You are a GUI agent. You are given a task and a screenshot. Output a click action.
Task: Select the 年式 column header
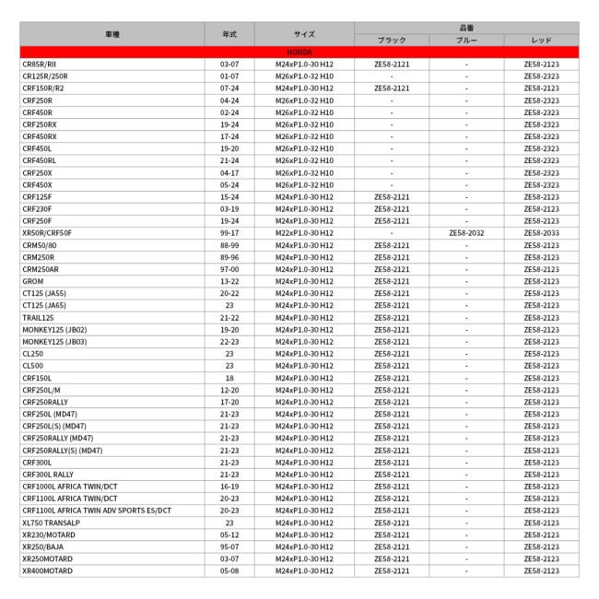tap(229, 34)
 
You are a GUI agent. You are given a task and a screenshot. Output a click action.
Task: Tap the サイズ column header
tap(304, 34)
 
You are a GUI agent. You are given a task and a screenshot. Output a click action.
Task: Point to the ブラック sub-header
tap(392, 41)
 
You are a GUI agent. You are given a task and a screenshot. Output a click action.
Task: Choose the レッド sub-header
tap(542, 41)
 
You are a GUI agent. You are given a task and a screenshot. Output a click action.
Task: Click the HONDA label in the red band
tap(299, 53)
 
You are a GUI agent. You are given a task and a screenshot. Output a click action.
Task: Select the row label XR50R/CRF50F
tap(47, 233)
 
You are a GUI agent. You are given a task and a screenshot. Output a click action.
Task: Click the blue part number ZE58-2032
tap(466, 233)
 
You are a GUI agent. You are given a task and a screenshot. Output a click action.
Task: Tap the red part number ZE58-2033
tap(542, 233)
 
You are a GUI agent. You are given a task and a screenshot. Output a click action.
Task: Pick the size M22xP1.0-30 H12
tap(304, 233)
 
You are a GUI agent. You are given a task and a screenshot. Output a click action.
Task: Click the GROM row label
tap(32, 281)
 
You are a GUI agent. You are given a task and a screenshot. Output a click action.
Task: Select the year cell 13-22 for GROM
tap(229, 281)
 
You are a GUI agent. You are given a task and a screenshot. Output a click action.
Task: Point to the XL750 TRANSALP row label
tap(51, 522)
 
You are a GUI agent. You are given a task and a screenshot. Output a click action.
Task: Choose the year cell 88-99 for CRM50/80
tap(229, 245)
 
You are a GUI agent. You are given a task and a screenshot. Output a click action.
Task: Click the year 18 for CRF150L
tap(229, 378)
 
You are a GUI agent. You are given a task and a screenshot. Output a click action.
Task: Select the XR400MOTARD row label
tap(47, 570)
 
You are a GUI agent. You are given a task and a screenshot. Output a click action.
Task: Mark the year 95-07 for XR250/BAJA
tap(229, 546)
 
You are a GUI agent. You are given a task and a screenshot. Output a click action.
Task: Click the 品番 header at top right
tap(466, 29)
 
